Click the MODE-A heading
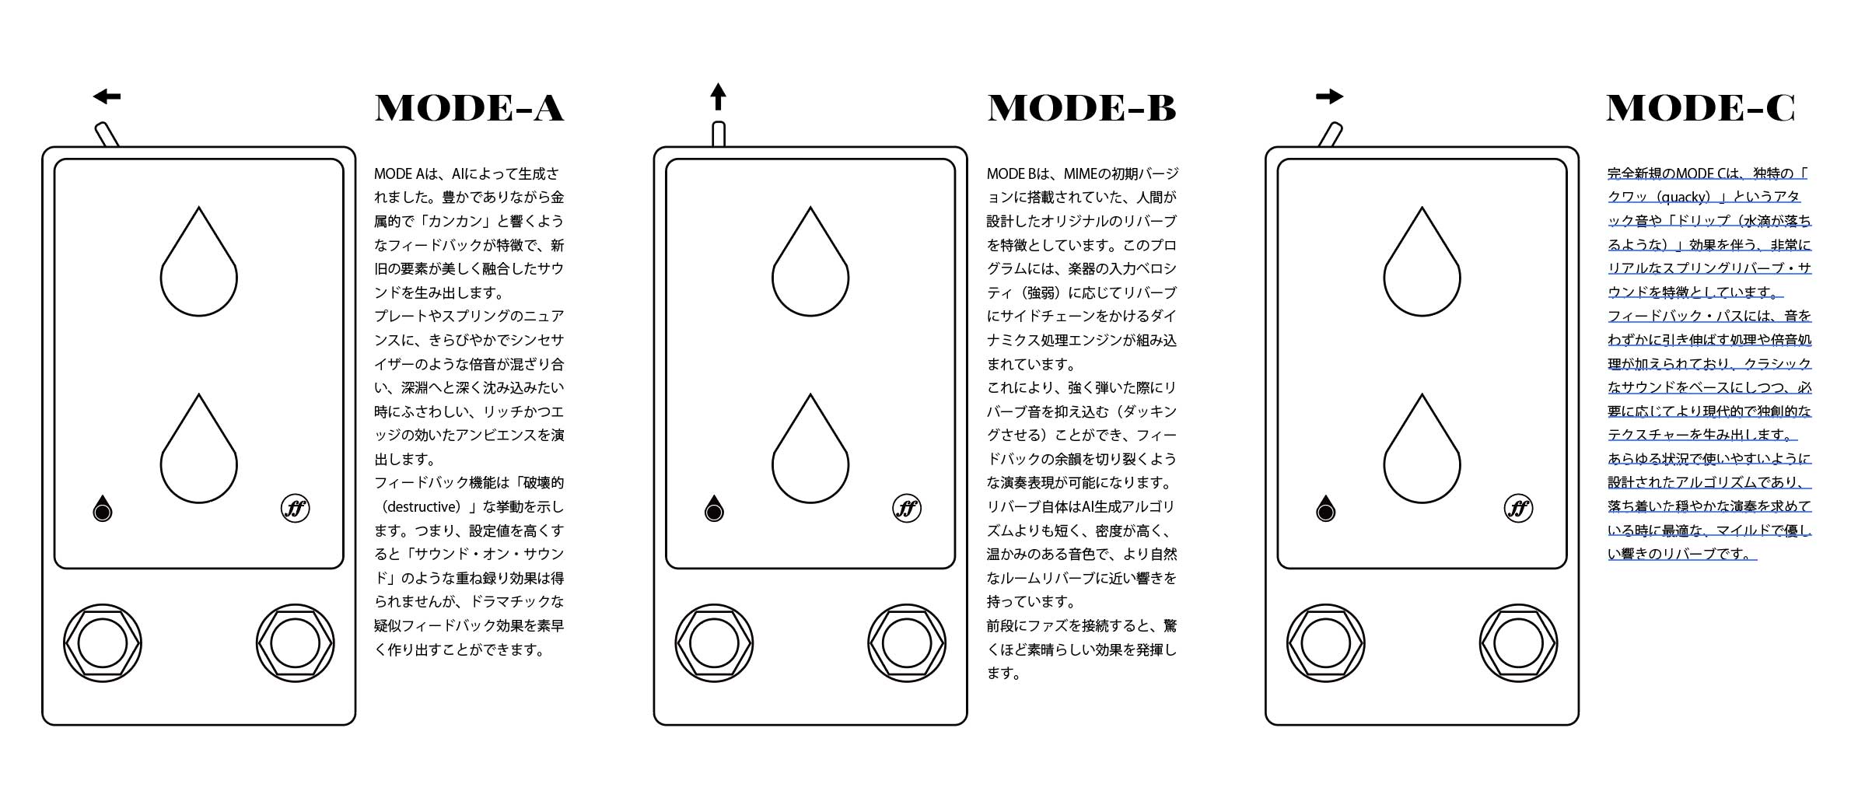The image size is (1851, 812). tap(469, 108)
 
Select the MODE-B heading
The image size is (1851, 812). tap(1082, 108)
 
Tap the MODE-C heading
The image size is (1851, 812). tap(1701, 108)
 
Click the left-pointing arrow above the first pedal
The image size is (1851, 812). tap(107, 96)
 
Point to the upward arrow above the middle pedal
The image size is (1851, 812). tap(719, 97)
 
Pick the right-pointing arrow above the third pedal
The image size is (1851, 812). tap(1330, 96)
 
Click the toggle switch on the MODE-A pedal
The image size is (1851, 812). tap(107, 134)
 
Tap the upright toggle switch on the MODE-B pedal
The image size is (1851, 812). tap(719, 134)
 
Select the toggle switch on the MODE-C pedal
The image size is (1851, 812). tap(1331, 134)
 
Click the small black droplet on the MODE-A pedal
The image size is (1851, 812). tap(103, 509)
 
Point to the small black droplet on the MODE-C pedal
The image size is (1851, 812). tap(1326, 509)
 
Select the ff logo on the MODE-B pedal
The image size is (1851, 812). tap(907, 509)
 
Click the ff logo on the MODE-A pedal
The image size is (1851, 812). tap(296, 509)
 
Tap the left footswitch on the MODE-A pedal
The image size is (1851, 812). tap(103, 644)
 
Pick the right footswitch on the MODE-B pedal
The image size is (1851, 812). tap(907, 644)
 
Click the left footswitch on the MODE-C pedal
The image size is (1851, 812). tap(1326, 644)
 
